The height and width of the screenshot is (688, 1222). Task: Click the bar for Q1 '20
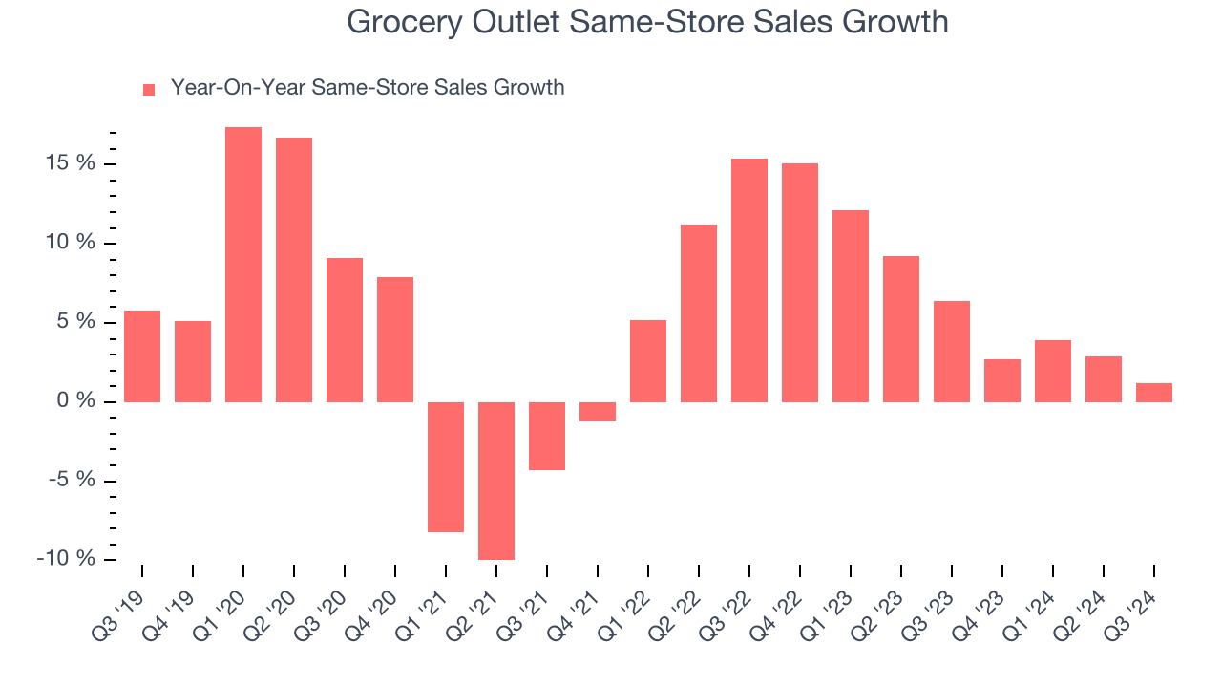243,265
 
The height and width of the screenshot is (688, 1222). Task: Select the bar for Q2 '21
496,481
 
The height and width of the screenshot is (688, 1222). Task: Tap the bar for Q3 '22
749,280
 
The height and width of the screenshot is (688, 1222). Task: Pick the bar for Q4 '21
598,412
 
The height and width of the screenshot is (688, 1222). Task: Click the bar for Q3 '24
1154,393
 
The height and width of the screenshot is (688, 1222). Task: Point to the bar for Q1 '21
446,467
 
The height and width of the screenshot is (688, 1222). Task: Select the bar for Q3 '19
142,356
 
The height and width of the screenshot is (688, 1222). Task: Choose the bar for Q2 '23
901,329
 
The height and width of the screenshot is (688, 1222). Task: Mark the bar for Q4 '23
1002,380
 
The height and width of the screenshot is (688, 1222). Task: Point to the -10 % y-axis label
66,559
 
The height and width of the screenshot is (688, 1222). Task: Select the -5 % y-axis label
71,480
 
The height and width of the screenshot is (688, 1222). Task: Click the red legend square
149,90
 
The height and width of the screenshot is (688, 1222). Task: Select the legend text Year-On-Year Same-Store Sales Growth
368,88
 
